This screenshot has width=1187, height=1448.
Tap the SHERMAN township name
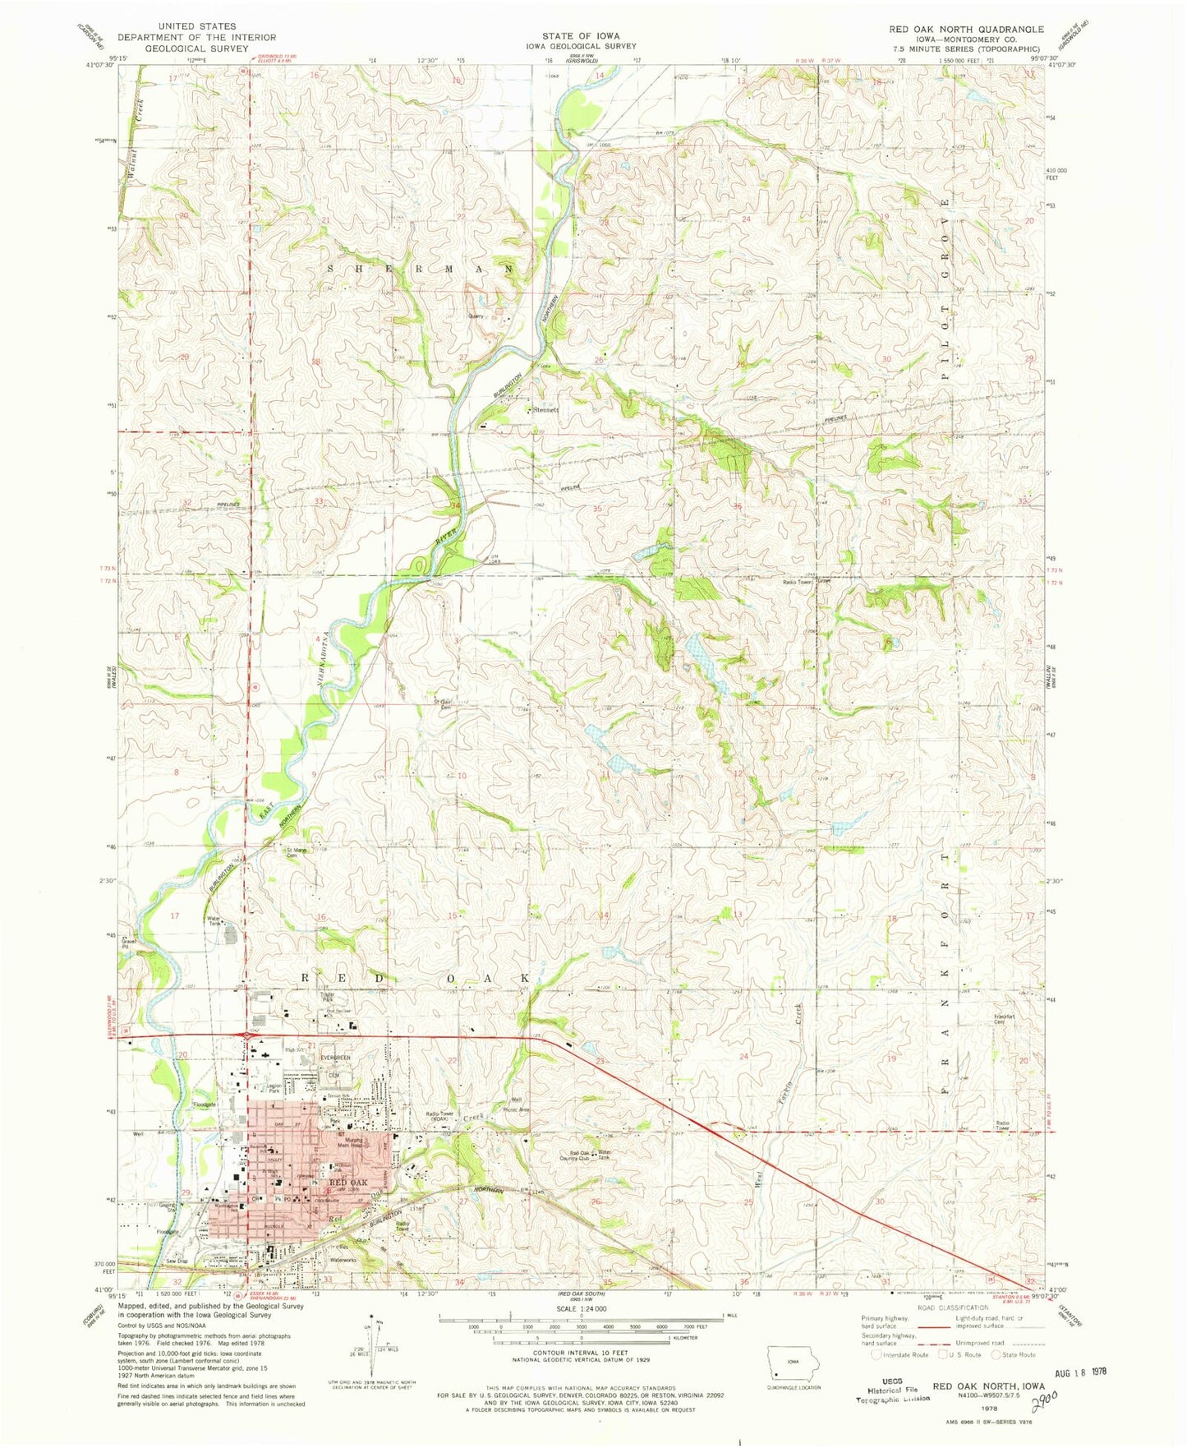[x=421, y=269]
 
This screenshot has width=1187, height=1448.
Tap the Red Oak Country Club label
[x=575, y=1155]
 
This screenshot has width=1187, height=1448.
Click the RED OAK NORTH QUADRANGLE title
[x=966, y=29]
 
